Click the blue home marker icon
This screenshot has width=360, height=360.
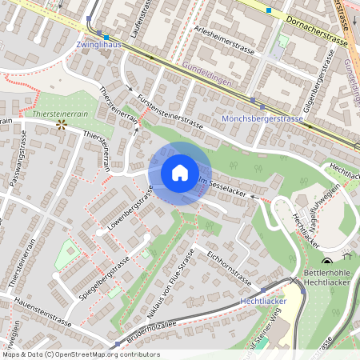coord(179,173)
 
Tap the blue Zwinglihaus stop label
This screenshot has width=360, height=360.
coord(98,46)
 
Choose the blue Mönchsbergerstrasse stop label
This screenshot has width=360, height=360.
coord(262,118)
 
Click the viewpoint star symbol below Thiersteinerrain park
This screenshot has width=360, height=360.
coord(61,125)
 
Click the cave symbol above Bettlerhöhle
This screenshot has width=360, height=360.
coord(326,263)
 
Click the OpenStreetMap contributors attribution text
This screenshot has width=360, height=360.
coord(80,354)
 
